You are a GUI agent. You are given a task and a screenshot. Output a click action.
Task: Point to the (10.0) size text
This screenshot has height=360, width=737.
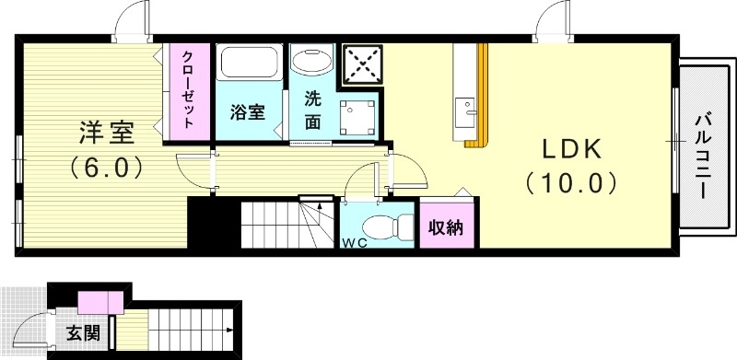click(570, 183)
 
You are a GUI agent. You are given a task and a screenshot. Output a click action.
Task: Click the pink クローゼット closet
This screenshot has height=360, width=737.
click(188, 91)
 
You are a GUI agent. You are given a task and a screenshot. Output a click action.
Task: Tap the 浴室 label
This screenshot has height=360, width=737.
click(247, 112)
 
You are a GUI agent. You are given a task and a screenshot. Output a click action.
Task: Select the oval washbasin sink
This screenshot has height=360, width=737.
click(312, 62)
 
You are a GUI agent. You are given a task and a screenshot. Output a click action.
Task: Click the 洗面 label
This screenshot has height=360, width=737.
click(312, 111)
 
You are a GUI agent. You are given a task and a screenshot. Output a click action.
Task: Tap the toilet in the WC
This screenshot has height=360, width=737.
click(382, 225)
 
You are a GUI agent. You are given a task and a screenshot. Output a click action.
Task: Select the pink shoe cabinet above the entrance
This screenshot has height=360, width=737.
click(100, 301)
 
